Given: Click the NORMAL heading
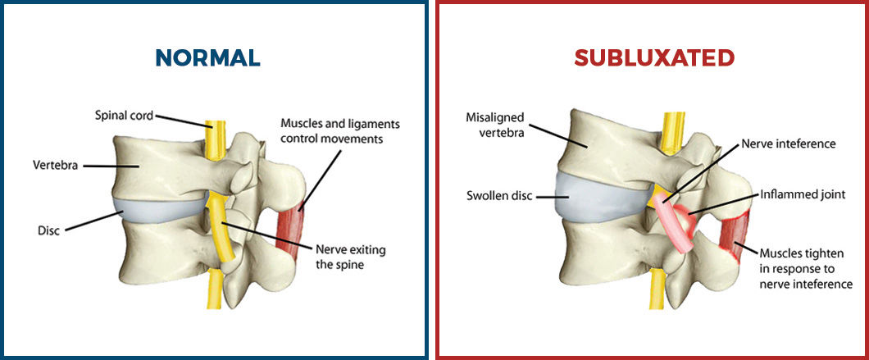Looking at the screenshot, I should tap(207, 57).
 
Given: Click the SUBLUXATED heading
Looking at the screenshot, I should tap(653, 57).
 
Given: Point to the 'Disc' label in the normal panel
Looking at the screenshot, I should tap(49, 230).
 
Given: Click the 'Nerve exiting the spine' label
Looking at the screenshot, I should tap(350, 256).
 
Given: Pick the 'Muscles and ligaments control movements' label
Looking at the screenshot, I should tap(351, 130).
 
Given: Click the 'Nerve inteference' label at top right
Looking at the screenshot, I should tap(787, 144).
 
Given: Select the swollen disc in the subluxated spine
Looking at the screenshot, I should tap(589, 197).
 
